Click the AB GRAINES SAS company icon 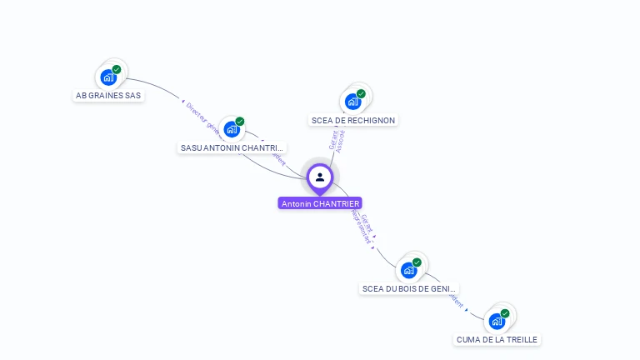(x=108, y=77)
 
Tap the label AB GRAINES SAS (x=109, y=96)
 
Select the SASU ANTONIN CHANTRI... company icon (x=232, y=129)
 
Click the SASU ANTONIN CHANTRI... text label (x=232, y=147)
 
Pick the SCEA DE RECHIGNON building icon (x=353, y=102)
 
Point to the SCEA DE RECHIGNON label (x=353, y=120)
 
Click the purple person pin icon (x=320, y=177)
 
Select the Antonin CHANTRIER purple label (x=320, y=203)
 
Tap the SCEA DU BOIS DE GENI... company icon (x=409, y=270)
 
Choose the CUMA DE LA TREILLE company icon (x=497, y=321)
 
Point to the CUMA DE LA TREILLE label (x=497, y=339)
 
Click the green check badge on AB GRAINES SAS (x=117, y=69)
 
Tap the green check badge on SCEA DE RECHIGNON (x=361, y=93)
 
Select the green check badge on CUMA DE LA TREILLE (x=505, y=313)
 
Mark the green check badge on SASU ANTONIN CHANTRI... (x=240, y=122)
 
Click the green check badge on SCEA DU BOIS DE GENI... (x=417, y=262)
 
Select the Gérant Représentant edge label (x=364, y=227)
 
